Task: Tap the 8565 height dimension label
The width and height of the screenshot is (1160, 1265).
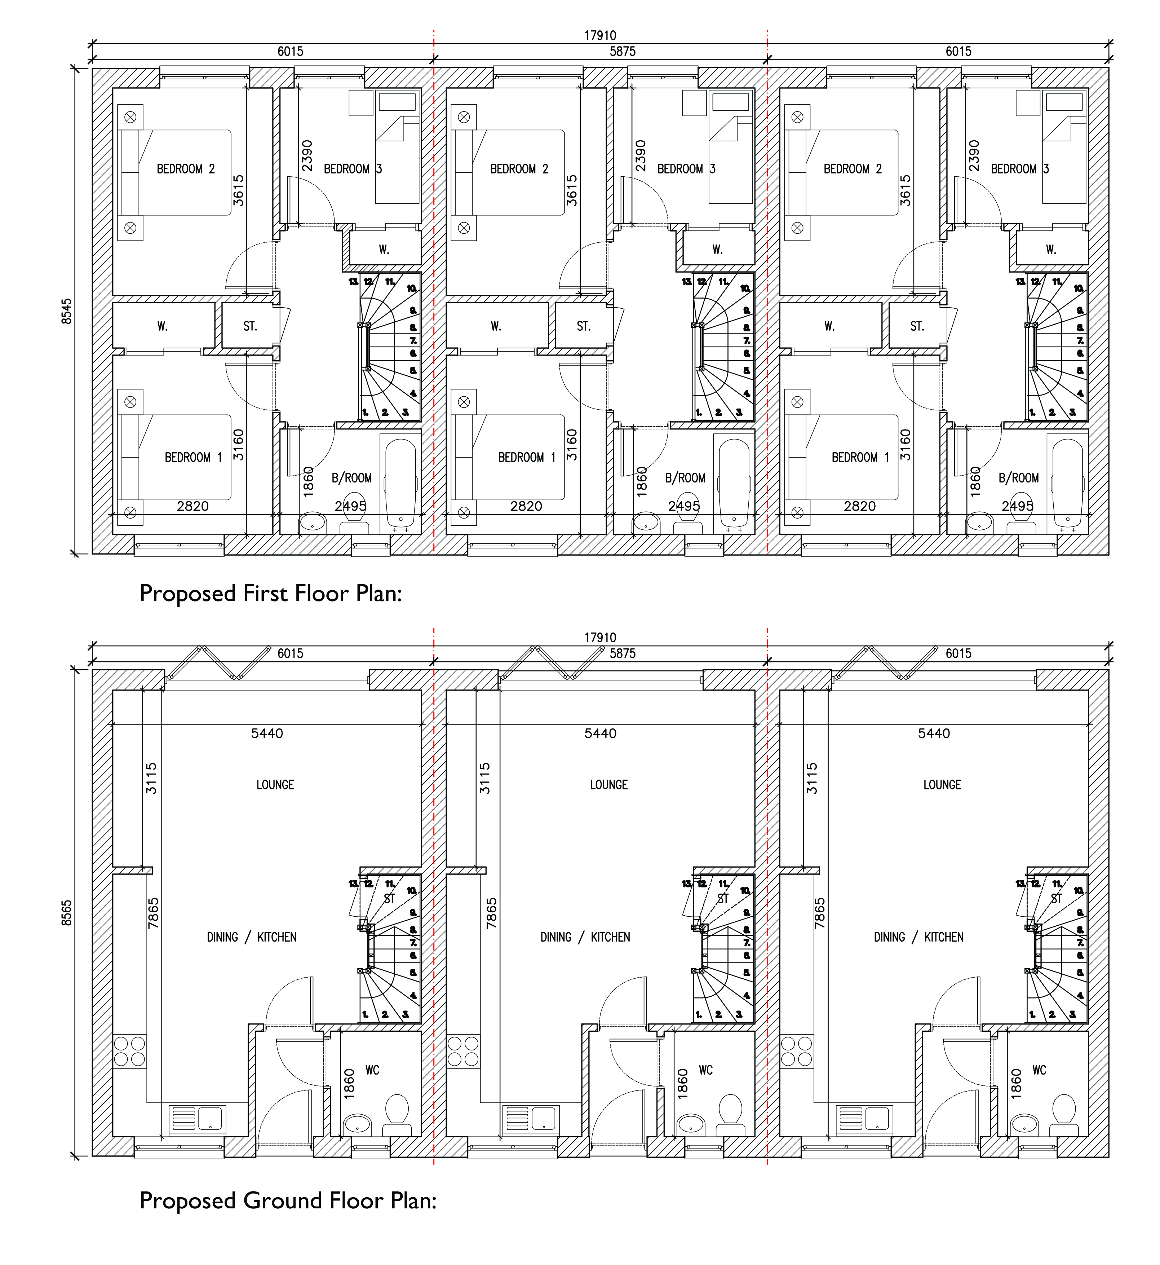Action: pyautogui.click(x=67, y=913)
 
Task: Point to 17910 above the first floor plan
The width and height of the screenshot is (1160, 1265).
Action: pyautogui.click(x=600, y=36)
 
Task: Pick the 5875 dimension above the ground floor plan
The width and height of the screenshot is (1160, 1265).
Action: pyautogui.click(x=622, y=653)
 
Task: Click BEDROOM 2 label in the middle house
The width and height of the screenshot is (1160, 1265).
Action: pyautogui.click(x=519, y=169)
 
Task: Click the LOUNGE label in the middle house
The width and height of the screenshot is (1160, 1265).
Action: pyautogui.click(x=608, y=785)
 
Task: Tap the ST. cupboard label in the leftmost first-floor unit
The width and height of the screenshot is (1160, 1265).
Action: pyautogui.click(x=250, y=326)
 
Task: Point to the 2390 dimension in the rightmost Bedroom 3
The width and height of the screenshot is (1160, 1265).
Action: pyautogui.click(x=974, y=156)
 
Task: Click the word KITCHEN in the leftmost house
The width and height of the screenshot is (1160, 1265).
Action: pyautogui.click(x=277, y=937)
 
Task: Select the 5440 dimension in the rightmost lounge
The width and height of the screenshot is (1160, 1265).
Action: pyautogui.click(x=934, y=733)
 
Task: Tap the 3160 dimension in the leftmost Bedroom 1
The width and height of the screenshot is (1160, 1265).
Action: pyautogui.click(x=238, y=445)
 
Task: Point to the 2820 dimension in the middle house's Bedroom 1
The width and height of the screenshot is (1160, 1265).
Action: pyautogui.click(x=526, y=506)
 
